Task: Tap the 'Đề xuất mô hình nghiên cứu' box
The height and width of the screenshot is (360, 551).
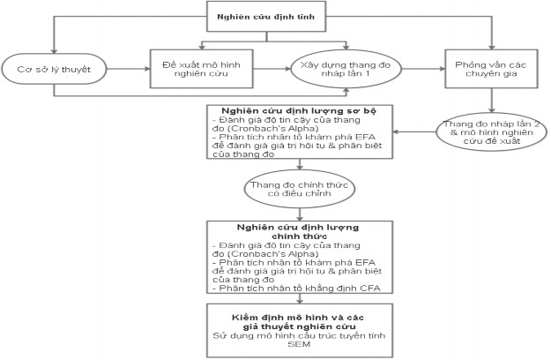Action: (x=199, y=67)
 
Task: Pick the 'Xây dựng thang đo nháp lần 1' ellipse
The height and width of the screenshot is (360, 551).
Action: (x=346, y=67)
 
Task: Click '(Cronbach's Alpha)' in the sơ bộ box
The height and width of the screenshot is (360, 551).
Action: (x=255, y=127)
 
